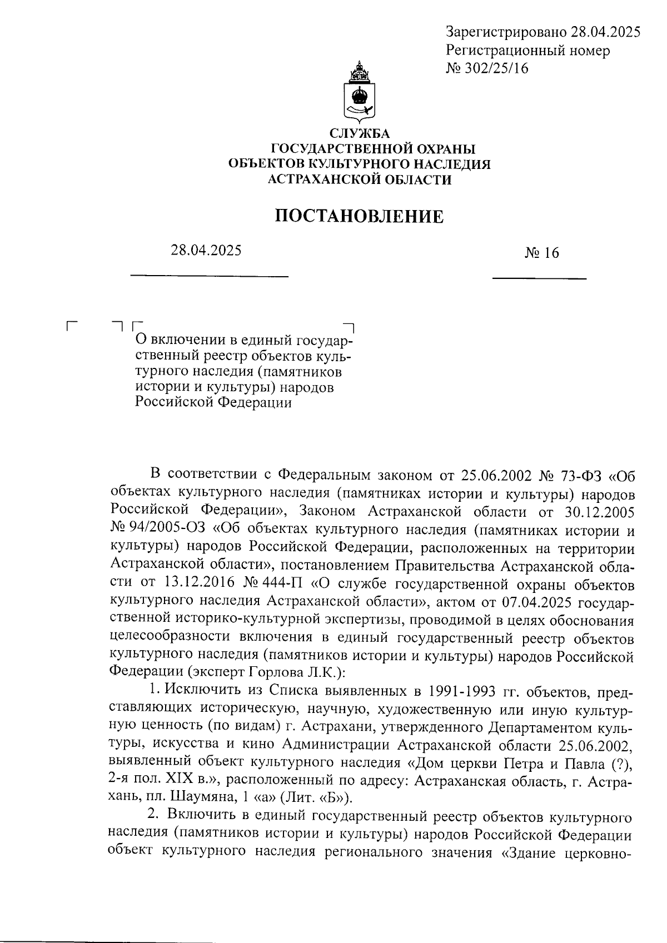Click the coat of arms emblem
[360, 92]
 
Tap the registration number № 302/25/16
[487, 68]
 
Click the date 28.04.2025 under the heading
[206, 251]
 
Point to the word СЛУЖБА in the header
[360, 134]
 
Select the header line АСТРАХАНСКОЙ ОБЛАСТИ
[360, 179]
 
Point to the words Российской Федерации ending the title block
[213, 403]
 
